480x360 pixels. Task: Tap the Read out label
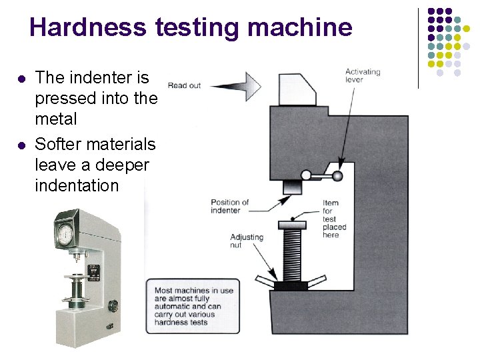pos(184,85)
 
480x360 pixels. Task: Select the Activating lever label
pos(362,75)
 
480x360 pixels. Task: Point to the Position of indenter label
pos(229,206)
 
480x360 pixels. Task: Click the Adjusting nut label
pos(246,241)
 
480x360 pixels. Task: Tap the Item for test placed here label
pos(334,219)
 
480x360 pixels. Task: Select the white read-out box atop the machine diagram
pos(294,89)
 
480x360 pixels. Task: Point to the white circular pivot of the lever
pos(306,175)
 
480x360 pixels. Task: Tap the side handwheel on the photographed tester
pos(113,306)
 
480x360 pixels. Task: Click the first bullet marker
pos(21,79)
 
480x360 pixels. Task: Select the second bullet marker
pos(21,145)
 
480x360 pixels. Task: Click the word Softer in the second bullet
pos(59,144)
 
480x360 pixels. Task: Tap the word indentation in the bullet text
pos(76,185)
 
